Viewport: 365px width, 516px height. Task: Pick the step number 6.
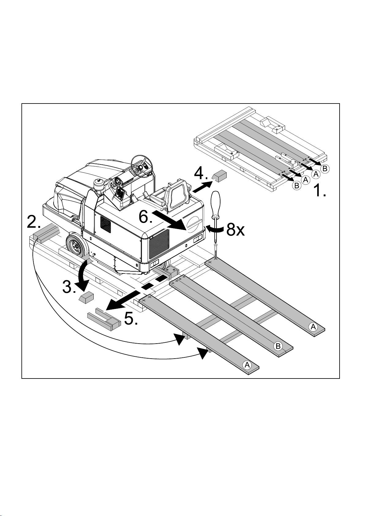coord(145,217)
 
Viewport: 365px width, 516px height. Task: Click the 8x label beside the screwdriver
coord(235,230)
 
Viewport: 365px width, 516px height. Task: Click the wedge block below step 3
coord(86,297)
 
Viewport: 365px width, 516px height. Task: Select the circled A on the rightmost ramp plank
coord(313,327)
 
